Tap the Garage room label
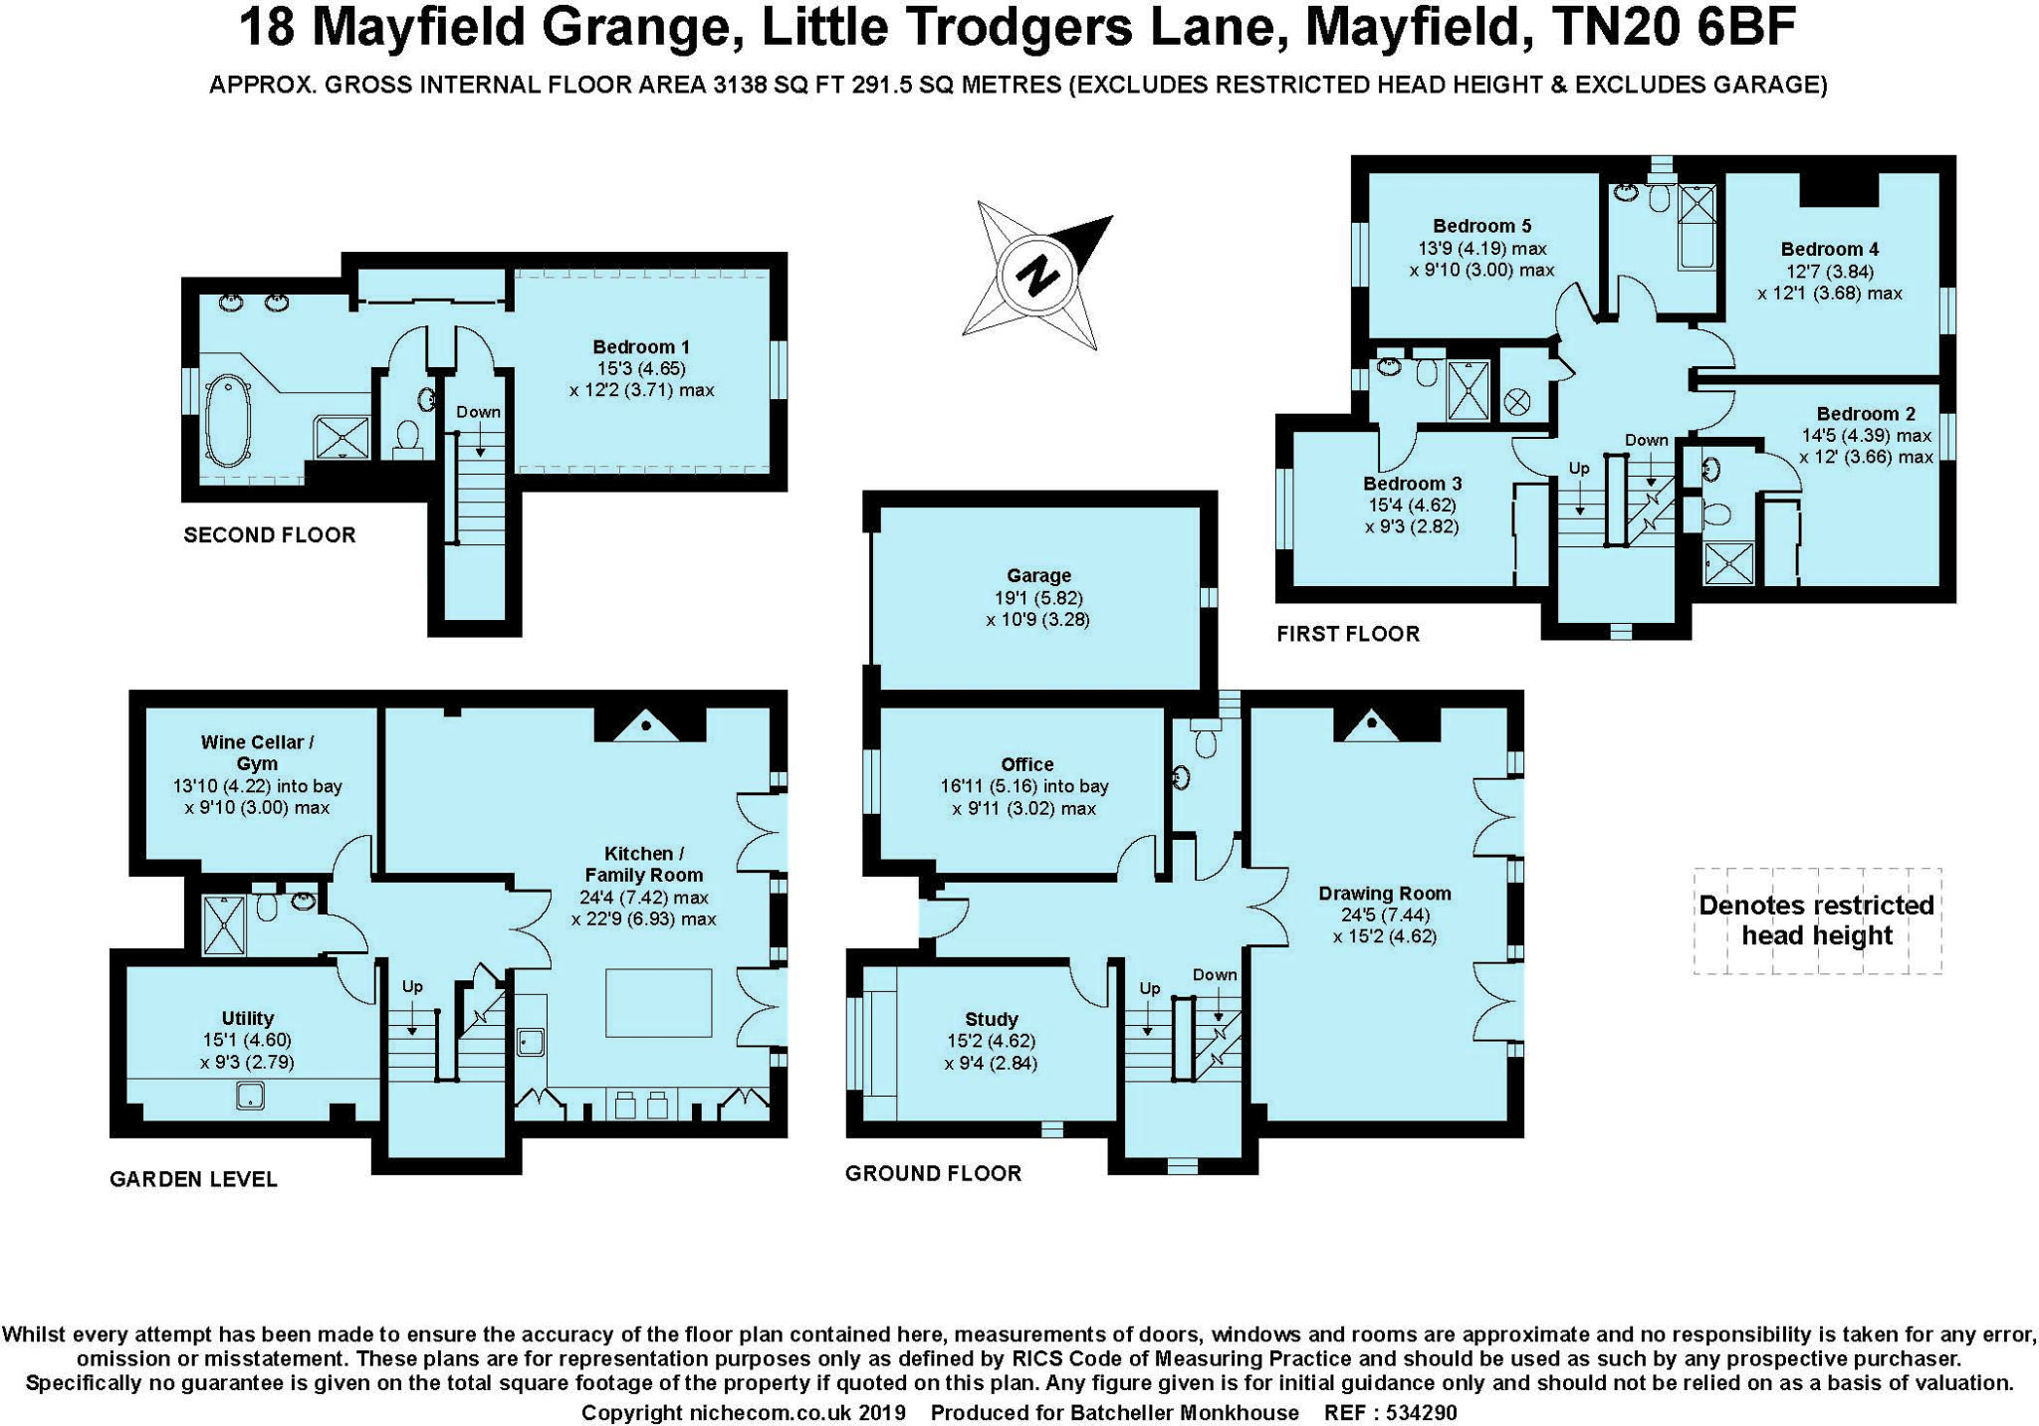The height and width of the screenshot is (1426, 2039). pyautogui.click(x=1038, y=576)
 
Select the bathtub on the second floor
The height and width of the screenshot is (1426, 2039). pyautogui.click(x=228, y=421)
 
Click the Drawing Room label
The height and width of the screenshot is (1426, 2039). pyautogui.click(x=1384, y=894)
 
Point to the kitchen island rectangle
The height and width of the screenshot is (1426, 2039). pyautogui.click(x=659, y=1003)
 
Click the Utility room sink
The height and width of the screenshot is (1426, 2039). pyautogui.click(x=250, y=1097)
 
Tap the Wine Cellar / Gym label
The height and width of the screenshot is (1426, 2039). pyautogui.click(x=257, y=753)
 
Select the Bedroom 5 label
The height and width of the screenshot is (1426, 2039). pyautogui.click(x=1481, y=226)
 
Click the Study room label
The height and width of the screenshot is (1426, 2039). pyautogui.click(x=991, y=1019)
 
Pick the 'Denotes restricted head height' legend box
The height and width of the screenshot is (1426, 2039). pyautogui.click(x=1816, y=920)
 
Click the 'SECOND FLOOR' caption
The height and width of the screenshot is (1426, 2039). pyautogui.click(x=270, y=535)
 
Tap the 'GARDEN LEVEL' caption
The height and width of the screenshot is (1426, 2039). pyautogui.click(x=193, y=1180)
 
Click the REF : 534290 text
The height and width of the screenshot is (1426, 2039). pyautogui.click(x=1390, y=1413)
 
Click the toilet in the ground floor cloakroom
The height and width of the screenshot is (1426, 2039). pyautogui.click(x=1206, y=741)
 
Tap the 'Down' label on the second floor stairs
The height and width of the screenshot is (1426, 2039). pyautogui.click(x=478, y=412)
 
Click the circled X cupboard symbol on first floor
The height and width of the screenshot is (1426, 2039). pyautogui.click(x=1517, y=403)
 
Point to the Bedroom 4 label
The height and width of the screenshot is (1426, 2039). pyautogui.click(x=1829, y=249)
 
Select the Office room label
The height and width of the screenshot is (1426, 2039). pyautogui.click(x=1026, y=764)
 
